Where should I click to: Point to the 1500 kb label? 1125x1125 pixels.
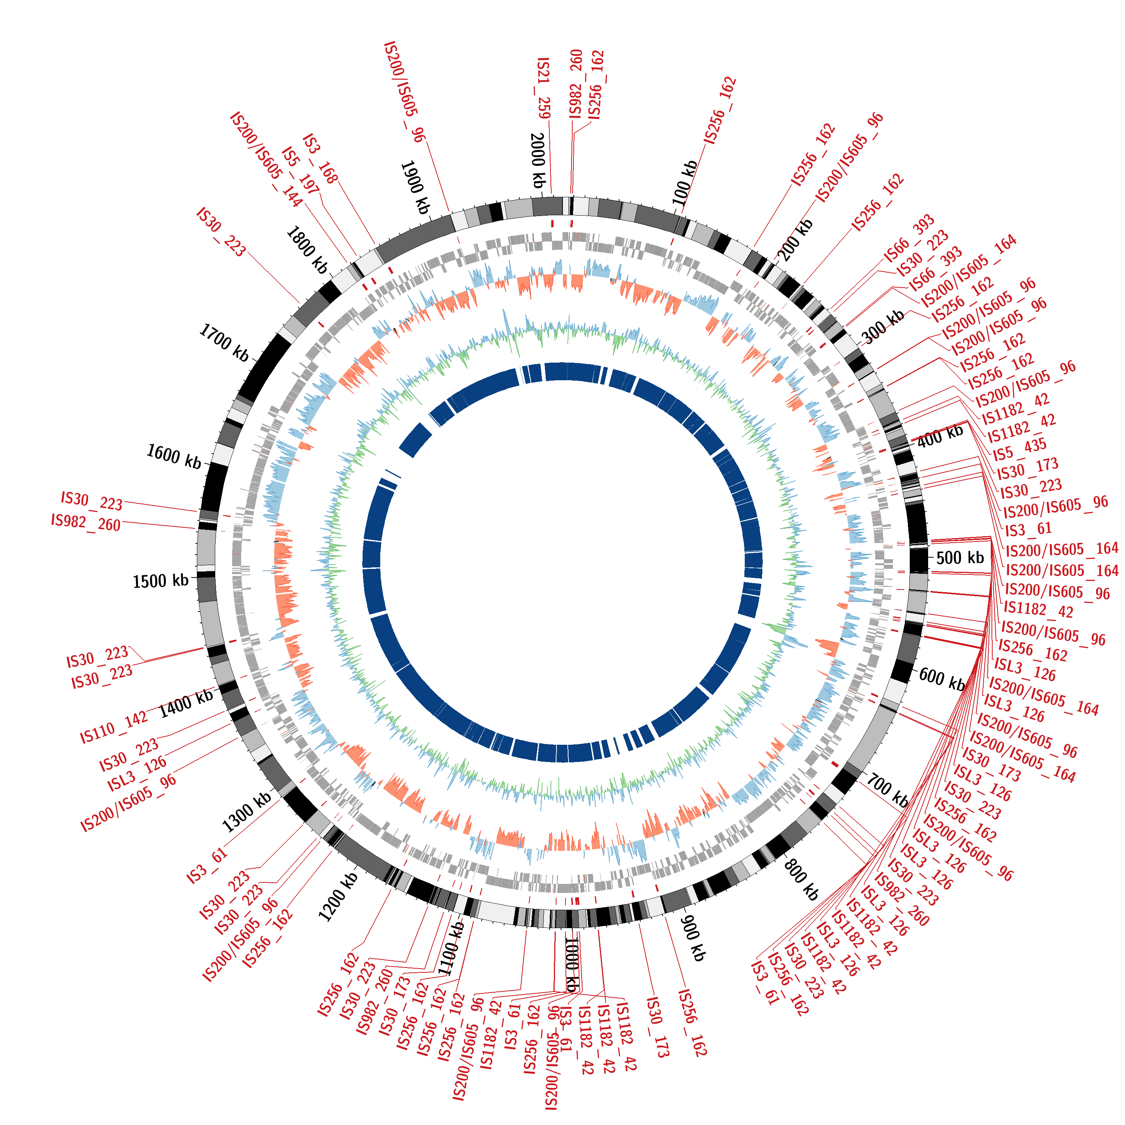pos(161,580)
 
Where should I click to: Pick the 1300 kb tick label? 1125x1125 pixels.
pos(247,812)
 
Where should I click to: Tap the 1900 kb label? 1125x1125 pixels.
pos(415,187)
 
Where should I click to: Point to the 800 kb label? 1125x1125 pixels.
pos(802,879)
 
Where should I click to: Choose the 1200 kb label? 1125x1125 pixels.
pos(338,897)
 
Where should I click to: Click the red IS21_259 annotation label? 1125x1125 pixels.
pos(543,88)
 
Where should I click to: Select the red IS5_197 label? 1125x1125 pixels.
pos(300,171)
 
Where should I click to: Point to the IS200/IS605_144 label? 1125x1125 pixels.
pos(267,159)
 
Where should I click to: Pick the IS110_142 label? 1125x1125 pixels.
pos(114,727)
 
